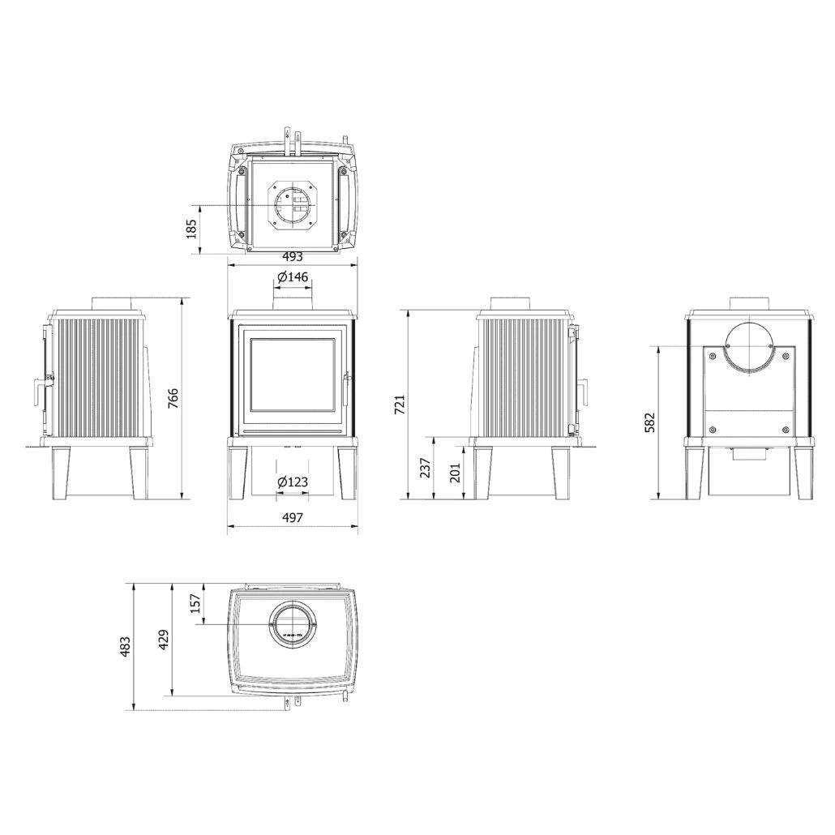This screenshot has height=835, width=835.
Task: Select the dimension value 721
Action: pyautogui.click(x=400, y=404)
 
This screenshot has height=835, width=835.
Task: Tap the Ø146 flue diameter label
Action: pyautogui.click(x=292, y=277)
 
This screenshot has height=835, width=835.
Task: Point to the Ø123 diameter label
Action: pyautogui.click(x=292, y=482)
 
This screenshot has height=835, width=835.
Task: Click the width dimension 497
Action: pyautogui.click(x=292, y=517)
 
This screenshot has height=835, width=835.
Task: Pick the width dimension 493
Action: pyautogui.click(x=292, y=256)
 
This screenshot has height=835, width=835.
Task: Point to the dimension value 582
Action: pyautogui.click(x=650, y=422)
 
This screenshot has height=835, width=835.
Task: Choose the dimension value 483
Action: pyautogui.click(x=125, y=645)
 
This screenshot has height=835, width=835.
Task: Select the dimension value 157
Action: pyautogui.click(x=195, y=603)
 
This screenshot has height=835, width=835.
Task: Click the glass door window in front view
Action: pyautogui.click(x=291, y=379)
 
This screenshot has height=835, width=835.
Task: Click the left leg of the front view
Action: pyautogui.click(x=238, y=473)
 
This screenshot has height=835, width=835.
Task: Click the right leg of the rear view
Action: pyautogui.click(x=807, y=473)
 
